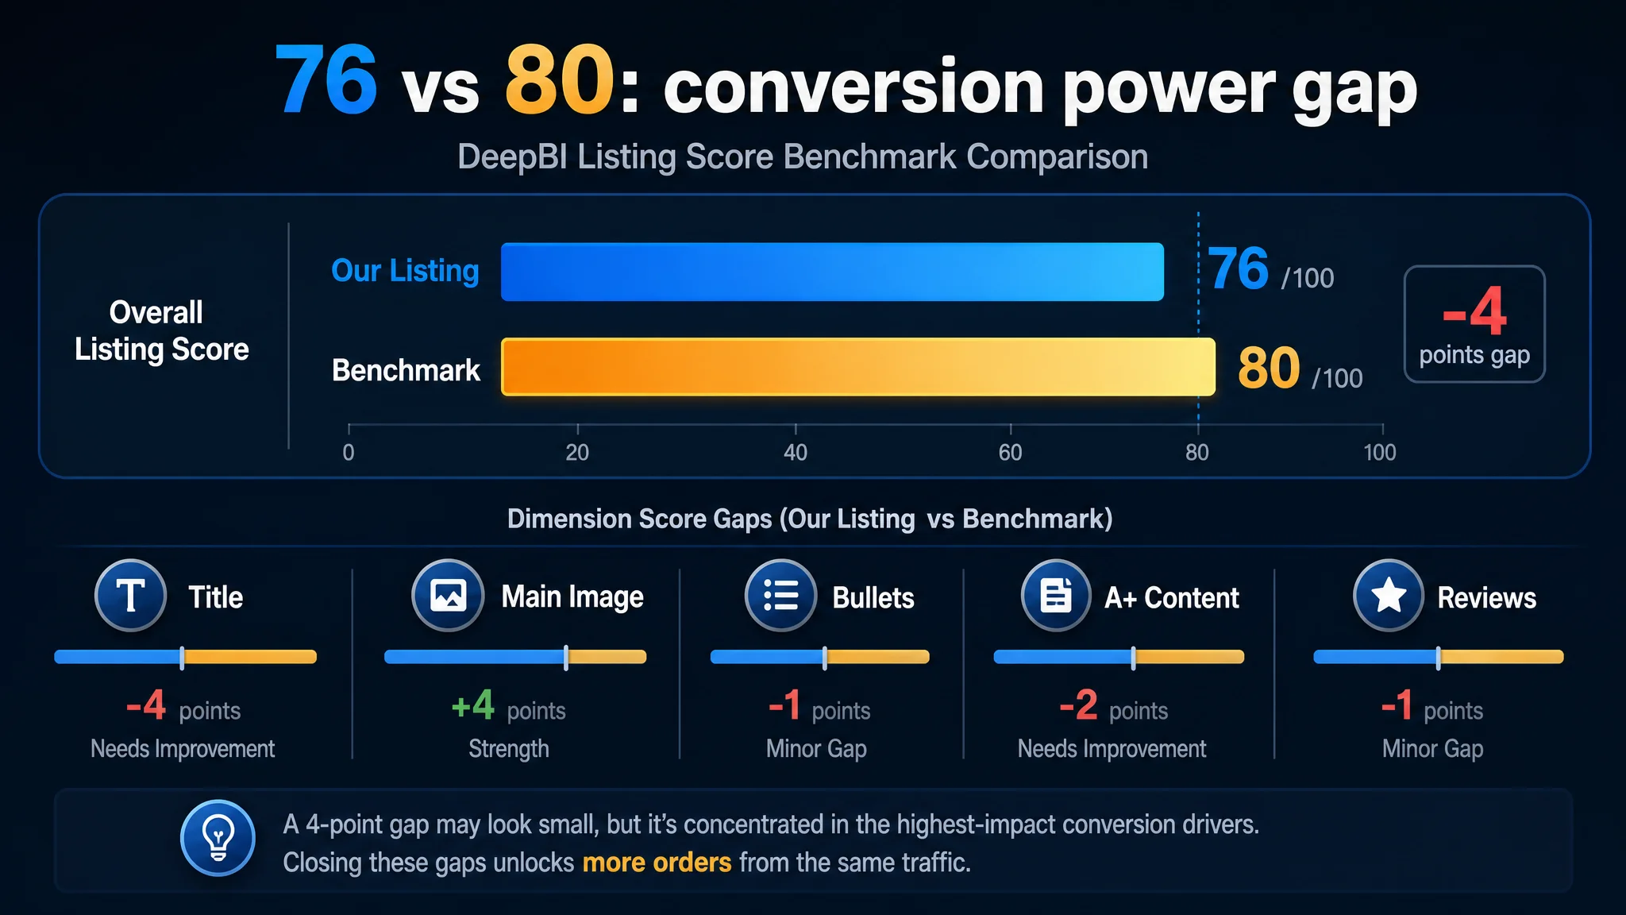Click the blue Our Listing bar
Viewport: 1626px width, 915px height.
tap(832, 272)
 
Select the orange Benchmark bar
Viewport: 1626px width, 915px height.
tap(858, 367)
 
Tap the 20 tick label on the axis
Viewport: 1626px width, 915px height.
tap(577, 453)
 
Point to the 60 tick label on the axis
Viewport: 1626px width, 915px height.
tap(1010, 453)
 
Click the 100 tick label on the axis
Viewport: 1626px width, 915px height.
tap(1380, 453)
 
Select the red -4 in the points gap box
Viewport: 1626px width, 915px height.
tap(1474, 312)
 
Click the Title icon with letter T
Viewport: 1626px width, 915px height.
tap(130, 595)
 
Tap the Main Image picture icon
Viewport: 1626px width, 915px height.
tap(448, 595)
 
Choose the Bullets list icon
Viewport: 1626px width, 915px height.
tap(780, 595)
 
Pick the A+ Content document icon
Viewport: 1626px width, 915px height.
tap(1056, 595)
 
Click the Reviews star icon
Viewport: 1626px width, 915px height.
tap(1389, 595)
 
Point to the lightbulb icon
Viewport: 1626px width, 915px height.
tap(218, 838)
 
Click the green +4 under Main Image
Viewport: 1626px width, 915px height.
tap(472, 705)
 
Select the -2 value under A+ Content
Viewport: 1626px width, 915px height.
tap(1078, 705)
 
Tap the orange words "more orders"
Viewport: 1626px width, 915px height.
tap(657, 863)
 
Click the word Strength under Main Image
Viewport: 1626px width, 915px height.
tap(509, 749)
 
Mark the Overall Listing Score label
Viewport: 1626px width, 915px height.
tap(161, 330)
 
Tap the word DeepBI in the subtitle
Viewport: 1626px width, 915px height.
tap(512, 157)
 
